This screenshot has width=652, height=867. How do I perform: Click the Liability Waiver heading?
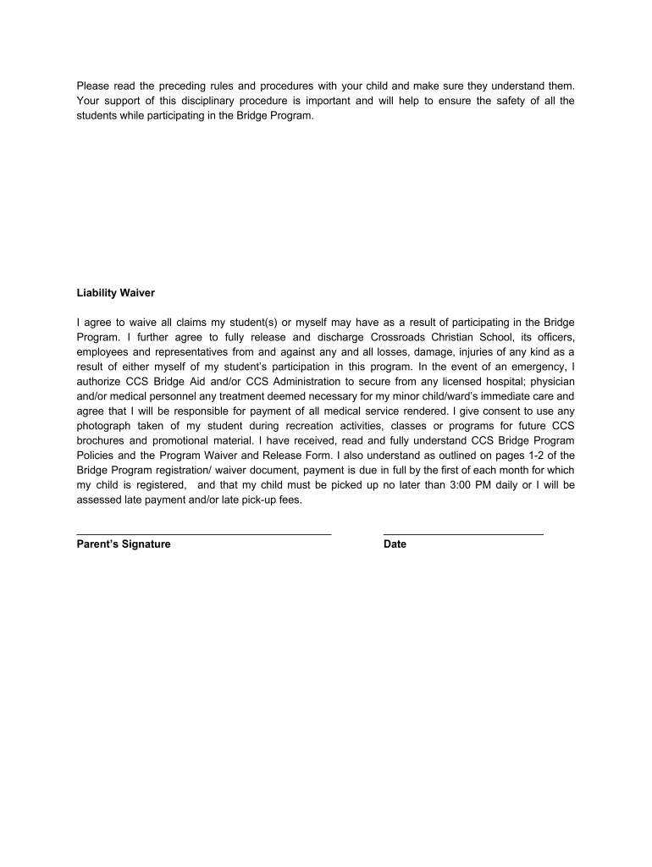click(x=116, y=293)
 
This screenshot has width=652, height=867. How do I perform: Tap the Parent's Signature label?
click(x=124, y=544)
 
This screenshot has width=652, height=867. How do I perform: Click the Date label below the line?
click(x=395, y=544)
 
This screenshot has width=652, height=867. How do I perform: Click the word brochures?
click(x=102, y=441)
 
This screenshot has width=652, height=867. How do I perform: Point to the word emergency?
click(x=539, y=366)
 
